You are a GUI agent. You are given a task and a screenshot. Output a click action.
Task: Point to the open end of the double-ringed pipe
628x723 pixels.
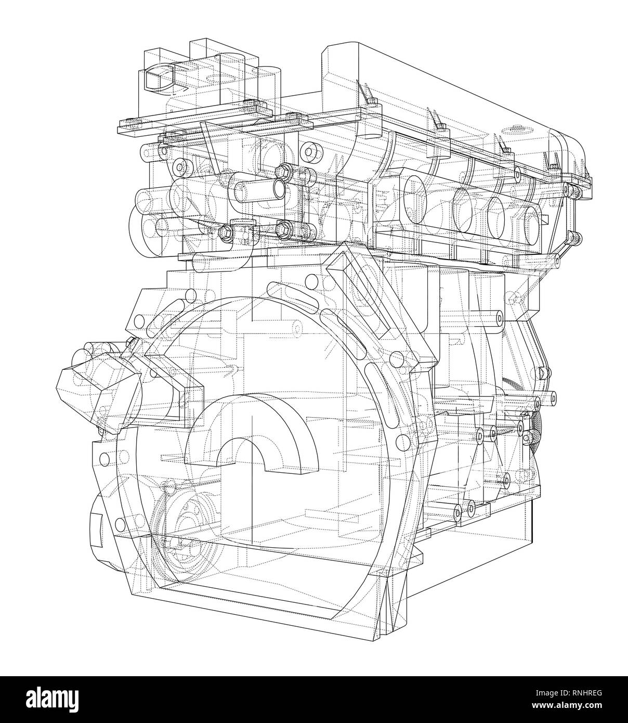tap(279, 188)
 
